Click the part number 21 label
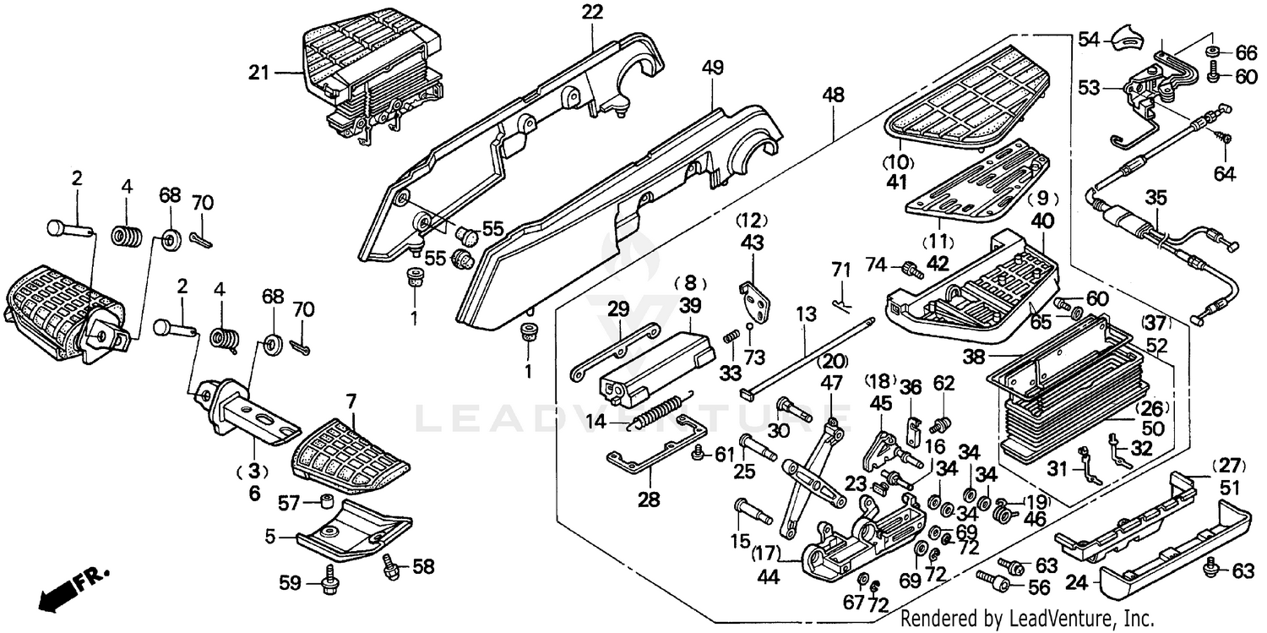(x=258, y=73)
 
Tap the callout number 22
(x=592, y=12)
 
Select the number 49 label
(x=713, y=68)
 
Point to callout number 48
(x=833, y=95)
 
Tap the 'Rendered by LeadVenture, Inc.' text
(x=1026, y=617)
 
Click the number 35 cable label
(x=1156, y=198)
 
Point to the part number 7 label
(x=351, y=402)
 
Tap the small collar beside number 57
(x=324, y=502)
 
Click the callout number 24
(x=1077, y=583)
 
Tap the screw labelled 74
(x=911, y=270)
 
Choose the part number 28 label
(x=649, y=500)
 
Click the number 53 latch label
(x=1089, y=88)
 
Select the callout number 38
(x=974, y=357)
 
